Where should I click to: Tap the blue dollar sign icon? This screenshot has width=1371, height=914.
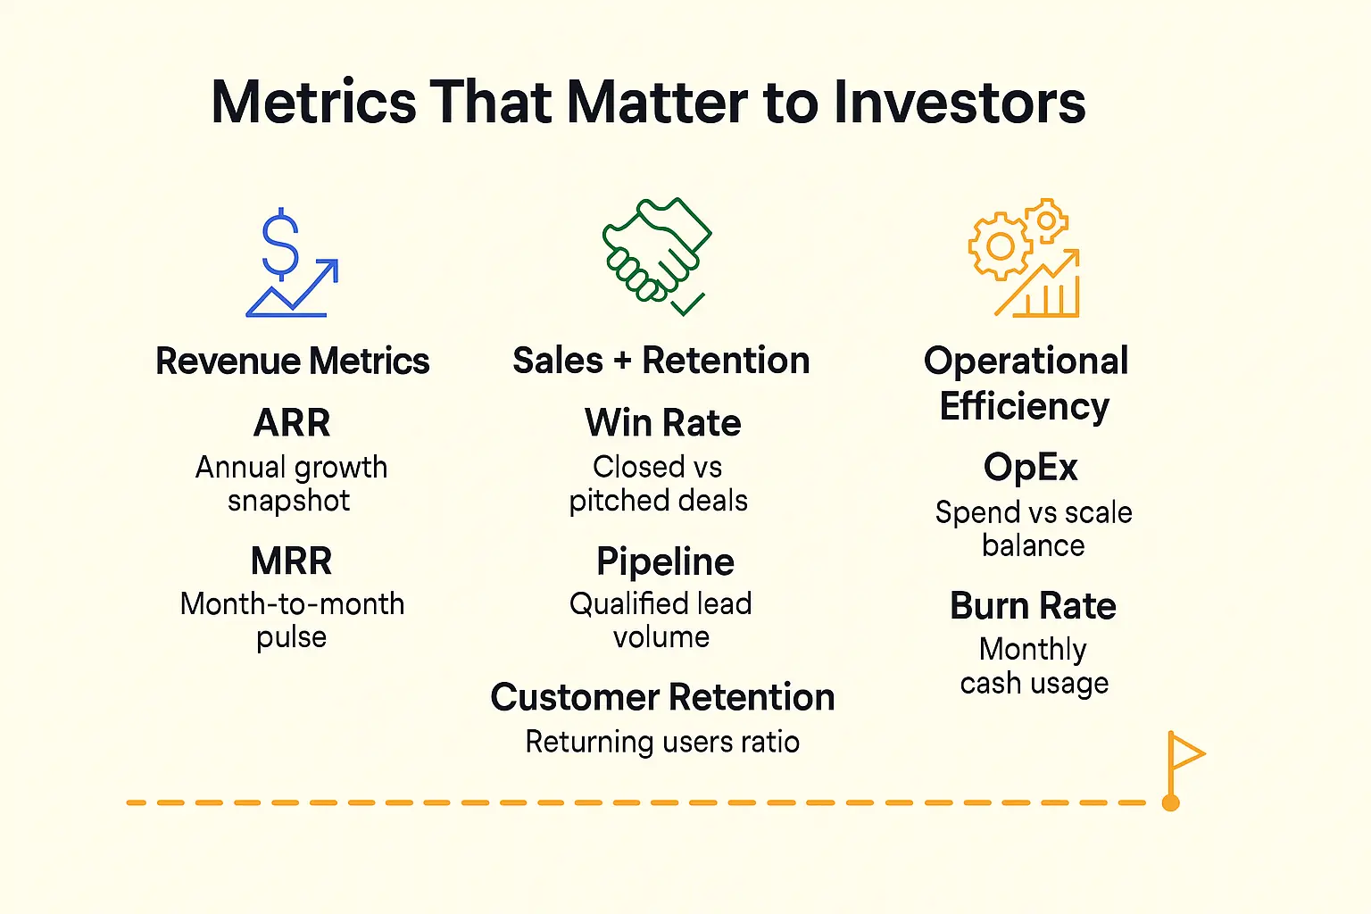[280, 244]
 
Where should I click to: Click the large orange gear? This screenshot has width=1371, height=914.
[1001, 246]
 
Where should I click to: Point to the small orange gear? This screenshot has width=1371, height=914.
[1047, 220]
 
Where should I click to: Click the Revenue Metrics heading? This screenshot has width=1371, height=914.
[293, 361]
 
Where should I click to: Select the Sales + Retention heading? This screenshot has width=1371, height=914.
[661, 360]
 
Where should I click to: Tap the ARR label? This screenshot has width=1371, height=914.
[292, 422]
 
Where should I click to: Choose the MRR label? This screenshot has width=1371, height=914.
[291, 561]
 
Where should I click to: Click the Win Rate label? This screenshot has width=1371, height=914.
[663, 422]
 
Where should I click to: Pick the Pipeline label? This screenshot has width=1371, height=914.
[665, 562]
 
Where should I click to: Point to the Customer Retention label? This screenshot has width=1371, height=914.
[663, 697]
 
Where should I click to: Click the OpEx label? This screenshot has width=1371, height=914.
[1031, 469]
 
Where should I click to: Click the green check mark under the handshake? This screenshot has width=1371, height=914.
[687, 304]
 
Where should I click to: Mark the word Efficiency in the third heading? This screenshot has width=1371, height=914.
[1025, 406]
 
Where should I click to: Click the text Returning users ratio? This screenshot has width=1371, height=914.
[663, 742]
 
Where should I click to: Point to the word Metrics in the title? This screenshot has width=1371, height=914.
[314, 102]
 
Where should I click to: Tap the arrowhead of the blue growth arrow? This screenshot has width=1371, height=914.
[328, 270]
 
